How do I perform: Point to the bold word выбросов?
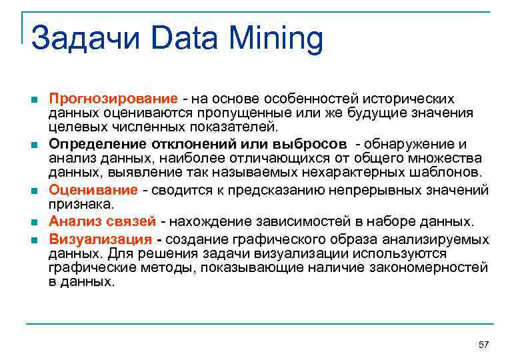309,144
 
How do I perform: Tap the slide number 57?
484,345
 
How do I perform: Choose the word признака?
81,205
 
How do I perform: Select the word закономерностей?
431,267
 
